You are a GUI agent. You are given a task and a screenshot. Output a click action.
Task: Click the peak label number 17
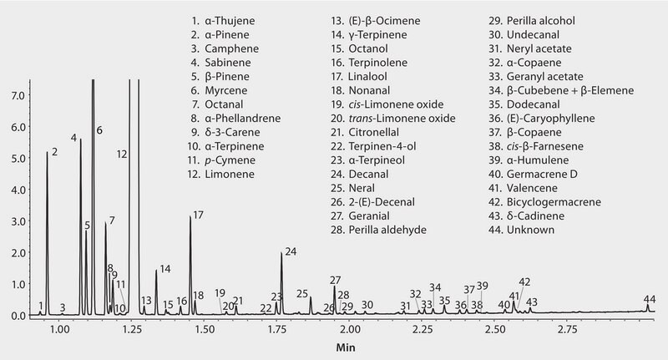tap(198, 215)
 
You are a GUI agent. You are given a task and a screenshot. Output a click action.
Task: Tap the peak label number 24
tap(291, 251)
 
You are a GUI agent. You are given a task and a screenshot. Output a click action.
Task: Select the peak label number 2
tap(54, 152)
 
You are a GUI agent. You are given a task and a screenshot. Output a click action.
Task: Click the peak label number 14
tap(164, 269)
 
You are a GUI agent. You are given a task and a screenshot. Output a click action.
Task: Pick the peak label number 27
tap(336, 280)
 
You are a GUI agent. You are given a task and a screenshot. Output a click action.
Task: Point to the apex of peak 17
tap(190, 218)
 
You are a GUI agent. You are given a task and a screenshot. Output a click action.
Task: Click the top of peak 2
tap(48, 153)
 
